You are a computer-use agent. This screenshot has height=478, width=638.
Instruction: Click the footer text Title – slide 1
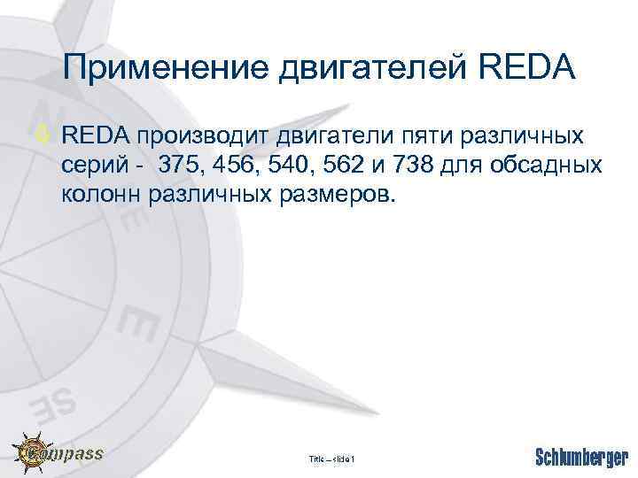pyautogui.click(x=331, y=459)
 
